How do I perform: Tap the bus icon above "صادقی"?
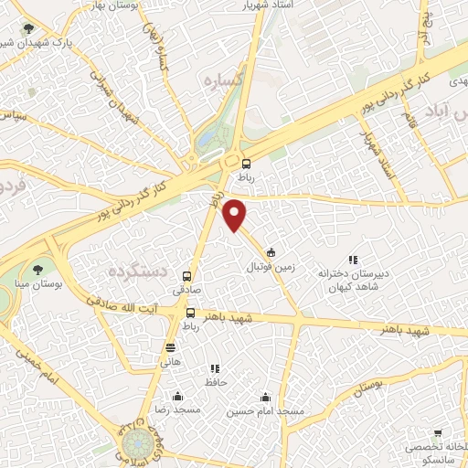point(187,275)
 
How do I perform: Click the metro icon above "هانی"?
point(170,347)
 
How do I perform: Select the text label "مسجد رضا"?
point(176,411)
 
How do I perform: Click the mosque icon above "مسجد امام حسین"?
point(265,397)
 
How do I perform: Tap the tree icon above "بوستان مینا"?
point(37,269)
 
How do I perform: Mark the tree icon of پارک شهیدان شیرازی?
point(33,28)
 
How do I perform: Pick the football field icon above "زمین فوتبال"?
point(271,252)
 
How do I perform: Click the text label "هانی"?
point(170,363)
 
